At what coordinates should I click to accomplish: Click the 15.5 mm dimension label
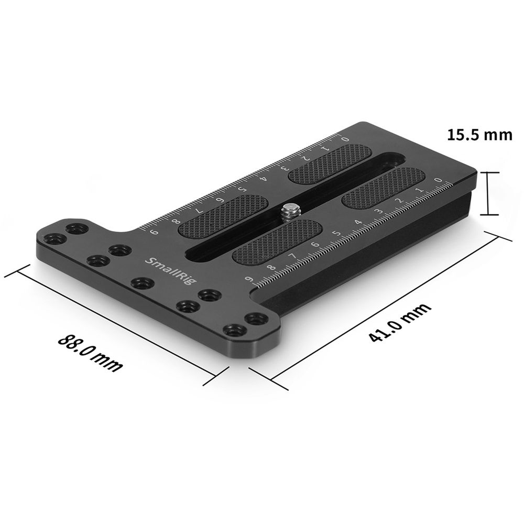click(x=479, y=135)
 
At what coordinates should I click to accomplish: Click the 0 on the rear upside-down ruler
click(x=344, y=139)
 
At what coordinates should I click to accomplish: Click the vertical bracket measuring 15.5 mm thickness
click(x=488, y=193)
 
